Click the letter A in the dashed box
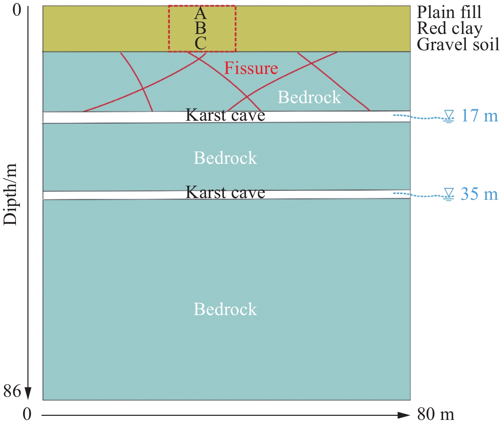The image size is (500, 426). [x=200, y=13]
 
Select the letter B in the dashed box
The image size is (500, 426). [x=200, y=28]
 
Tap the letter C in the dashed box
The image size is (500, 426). [x=201, y=43]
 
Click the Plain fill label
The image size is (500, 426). [x=449, y=12]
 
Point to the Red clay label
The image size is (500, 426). [x=450, y=28]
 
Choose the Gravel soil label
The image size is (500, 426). [x=458, y=44]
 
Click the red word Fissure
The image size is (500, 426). [x=251, y=68]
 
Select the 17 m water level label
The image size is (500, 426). [x=479, y=116]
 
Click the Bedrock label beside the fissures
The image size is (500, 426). [x=309, y=97]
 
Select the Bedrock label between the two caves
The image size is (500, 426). [x=225, y=158]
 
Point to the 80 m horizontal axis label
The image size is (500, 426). [x=436, y=414]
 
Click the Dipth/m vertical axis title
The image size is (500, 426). [x=10, y=194]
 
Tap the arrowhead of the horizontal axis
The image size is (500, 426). [x=404, y=415]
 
